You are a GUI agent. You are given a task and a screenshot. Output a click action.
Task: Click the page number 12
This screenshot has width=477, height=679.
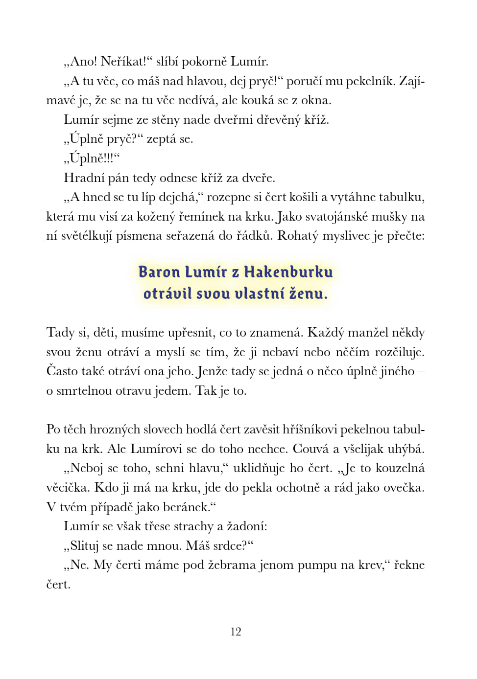236,632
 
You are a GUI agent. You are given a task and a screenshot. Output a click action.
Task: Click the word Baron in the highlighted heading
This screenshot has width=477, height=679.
157,272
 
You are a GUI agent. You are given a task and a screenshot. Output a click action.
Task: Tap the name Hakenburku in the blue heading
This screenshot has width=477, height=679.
288,272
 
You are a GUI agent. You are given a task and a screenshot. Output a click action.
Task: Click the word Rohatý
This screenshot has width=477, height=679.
299,236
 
